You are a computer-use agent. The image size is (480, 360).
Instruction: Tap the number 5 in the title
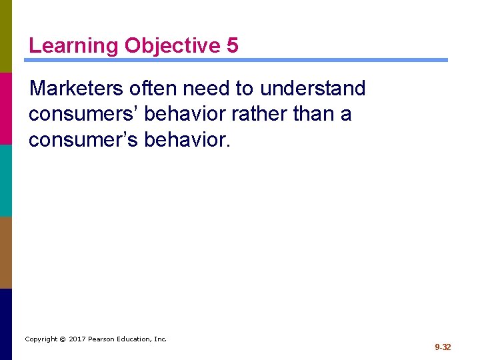pos(232,45)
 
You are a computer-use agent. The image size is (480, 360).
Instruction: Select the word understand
pos(313,88)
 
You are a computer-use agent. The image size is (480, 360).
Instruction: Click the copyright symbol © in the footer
pos(62,339)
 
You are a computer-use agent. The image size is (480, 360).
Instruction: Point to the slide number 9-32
pos(443,347)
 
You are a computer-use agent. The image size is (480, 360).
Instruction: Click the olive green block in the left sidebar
pos(6,36)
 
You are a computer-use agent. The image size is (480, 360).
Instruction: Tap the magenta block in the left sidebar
pos(6,108)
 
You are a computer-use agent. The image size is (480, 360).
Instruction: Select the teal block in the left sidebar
pos(6,180)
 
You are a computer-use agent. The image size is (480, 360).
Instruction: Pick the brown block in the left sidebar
pos(6,252)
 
